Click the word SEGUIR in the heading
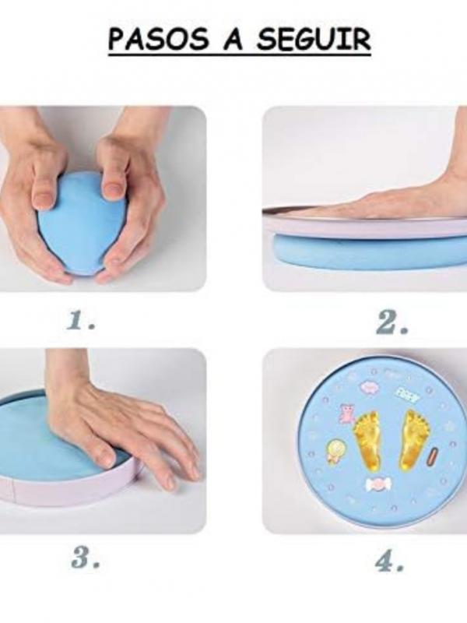click(x=314, y=40)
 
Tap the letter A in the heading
click(x=233, y=39)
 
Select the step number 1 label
click(x=82, y=320)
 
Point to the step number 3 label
click(x=85, y=558)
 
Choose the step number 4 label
click(x=389, y=560)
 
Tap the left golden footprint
click(x=368, y=440)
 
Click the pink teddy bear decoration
click(x=347, y=414)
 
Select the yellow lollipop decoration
click(x=335, y=450)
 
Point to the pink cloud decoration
click(x=368, y=386)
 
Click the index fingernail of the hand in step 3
click(x=107, y=459)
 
